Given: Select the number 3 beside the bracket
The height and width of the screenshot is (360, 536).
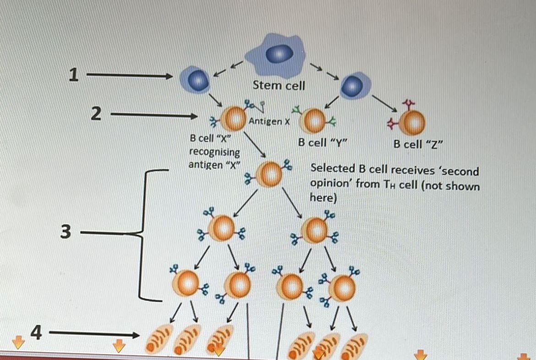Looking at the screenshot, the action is point(66,232).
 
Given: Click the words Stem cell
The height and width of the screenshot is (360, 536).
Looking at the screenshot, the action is point(279,85).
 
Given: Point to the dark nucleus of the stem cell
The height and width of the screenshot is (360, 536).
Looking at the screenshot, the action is point(279,54).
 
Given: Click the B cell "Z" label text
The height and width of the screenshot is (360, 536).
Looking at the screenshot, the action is point(418,145).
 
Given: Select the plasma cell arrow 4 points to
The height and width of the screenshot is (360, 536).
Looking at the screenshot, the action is point(159,338).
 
